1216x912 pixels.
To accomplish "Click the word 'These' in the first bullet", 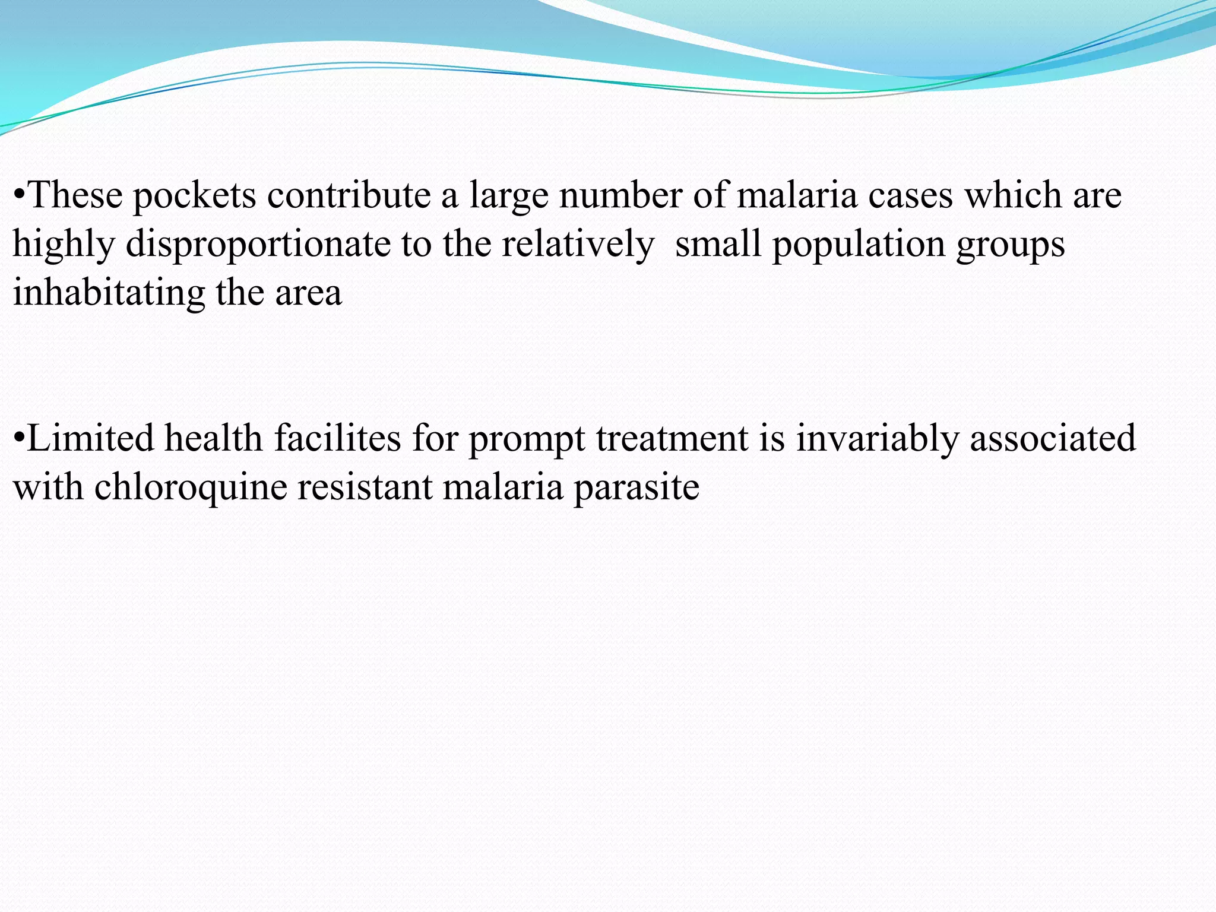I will [75, 195].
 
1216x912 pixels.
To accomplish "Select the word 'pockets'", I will [195, 196].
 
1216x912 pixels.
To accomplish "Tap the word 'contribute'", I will [349, 195].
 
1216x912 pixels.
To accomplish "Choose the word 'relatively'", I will [578, 244].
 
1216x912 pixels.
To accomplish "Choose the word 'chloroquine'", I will [191, 488].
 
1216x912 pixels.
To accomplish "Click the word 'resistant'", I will [365, 487].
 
